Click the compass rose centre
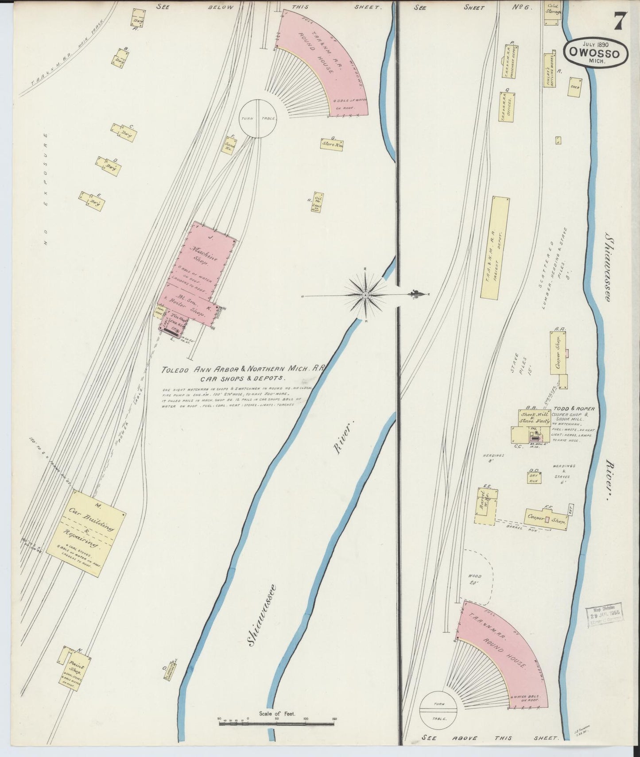click(366, 295)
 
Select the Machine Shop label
click(203, 257)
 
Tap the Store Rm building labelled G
click(331, 143)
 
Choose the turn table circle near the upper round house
click(258, 119)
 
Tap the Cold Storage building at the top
click(553, 13)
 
